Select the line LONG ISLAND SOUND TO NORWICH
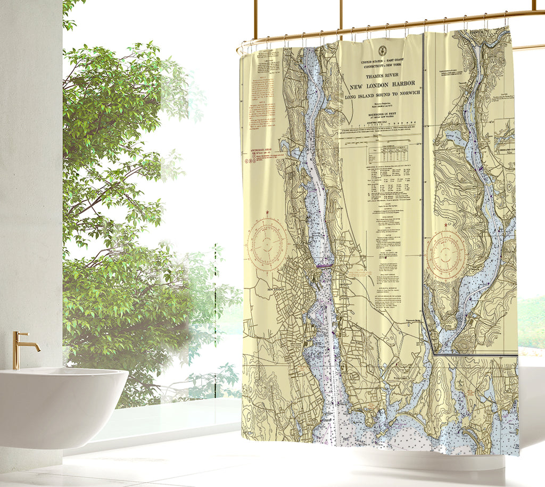[382, 97]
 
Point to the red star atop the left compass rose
[267, 213]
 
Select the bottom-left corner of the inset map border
[435, 353]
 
